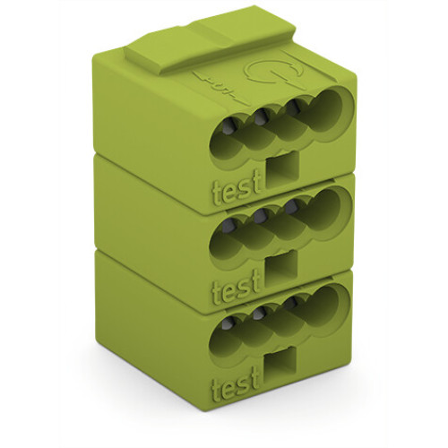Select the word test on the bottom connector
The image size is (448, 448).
[236, 388]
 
